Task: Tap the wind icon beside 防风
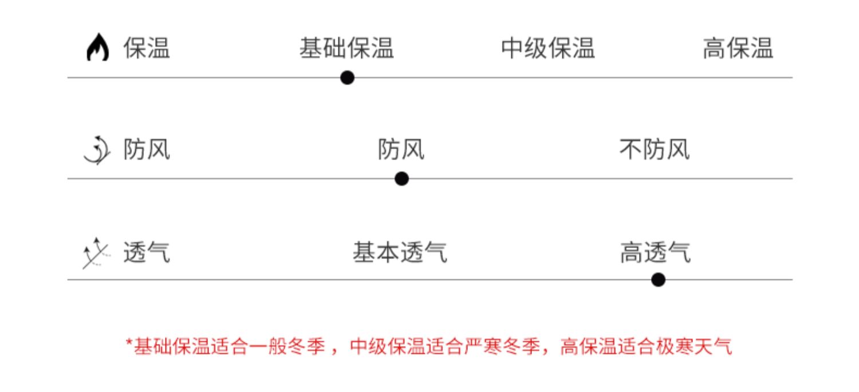(97, 151)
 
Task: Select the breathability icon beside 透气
(95, 252)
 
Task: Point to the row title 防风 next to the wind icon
(147, 151)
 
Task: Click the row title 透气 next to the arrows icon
(147, 252)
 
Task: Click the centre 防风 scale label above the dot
(401, 151)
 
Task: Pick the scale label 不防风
(655, 151)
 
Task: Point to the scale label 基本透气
(400, 252)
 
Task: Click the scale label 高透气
(655, 252)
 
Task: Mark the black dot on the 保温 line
(347, 78)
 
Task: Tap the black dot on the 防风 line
(401, 179)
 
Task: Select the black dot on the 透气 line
(658, 280)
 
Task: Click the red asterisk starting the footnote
(129, 343)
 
